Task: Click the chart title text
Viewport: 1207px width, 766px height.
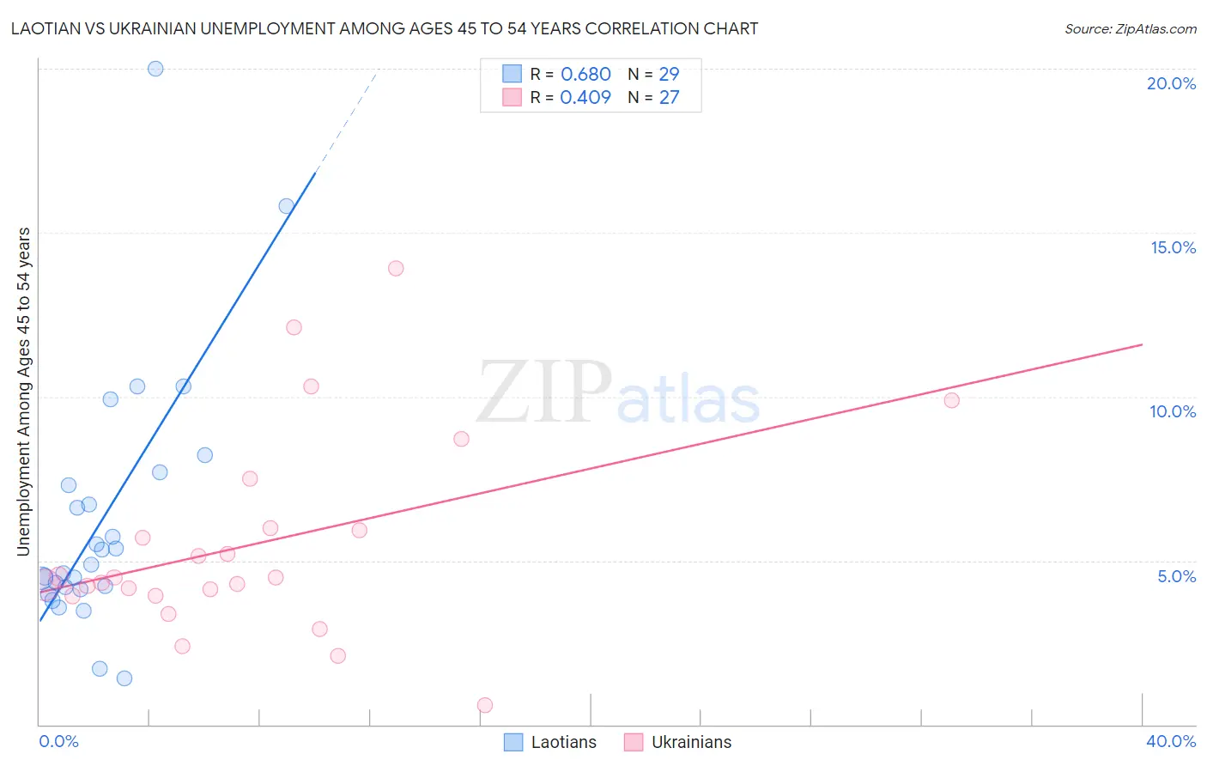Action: [384, 28]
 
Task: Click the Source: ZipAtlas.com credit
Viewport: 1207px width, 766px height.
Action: [1130, 28]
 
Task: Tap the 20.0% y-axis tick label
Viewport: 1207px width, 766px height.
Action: [1171, 83]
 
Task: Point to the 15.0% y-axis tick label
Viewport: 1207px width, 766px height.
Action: [1173, 247]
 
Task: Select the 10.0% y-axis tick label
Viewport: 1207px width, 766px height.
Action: [1173, 411]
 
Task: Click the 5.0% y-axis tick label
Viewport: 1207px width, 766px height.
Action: [1176, 576]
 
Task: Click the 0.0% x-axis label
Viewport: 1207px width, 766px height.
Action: [58, 741]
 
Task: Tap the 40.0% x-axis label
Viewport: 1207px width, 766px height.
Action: [1170, 741]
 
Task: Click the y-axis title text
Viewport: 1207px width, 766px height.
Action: [24, 391]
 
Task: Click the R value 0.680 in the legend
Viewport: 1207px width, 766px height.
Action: [585, 75]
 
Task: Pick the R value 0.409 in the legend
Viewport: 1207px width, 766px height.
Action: [585, 98]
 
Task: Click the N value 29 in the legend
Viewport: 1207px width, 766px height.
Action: [669, 75]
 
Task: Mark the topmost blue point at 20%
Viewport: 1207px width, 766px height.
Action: [155, 69]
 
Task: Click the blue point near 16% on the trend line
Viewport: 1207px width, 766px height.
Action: [287, 206]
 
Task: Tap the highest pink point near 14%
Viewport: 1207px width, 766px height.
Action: [396, 268]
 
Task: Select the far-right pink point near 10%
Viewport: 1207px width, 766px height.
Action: [951, 400]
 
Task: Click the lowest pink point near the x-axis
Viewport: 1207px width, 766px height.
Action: [485, 705]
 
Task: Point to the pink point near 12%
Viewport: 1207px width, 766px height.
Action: [294, 327]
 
